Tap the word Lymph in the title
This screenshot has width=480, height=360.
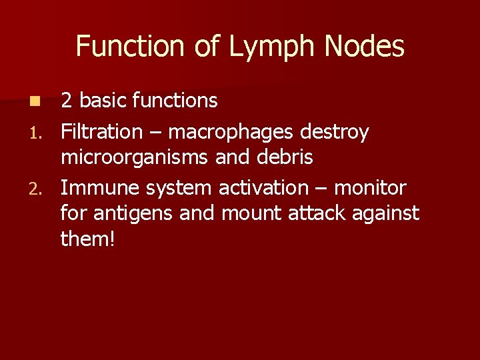click(x=269, y=47)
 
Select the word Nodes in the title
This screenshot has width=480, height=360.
click(x=365, y=47)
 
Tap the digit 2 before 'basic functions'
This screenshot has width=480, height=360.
click(x=67, y=101)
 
